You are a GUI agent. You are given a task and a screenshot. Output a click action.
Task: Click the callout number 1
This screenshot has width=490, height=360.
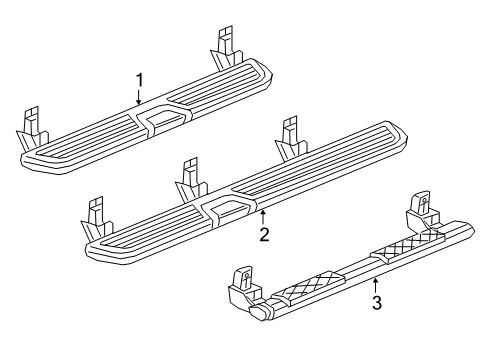click(140, 80)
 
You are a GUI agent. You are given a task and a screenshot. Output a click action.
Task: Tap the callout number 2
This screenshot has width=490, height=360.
click(264, 235)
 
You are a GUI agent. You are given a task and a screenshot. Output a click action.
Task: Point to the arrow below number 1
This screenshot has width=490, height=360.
click(140, 97)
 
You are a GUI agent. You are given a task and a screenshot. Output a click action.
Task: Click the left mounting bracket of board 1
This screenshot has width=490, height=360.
click(32, 126)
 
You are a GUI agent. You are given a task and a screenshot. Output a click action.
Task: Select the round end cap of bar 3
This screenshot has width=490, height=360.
click(259, 314)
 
